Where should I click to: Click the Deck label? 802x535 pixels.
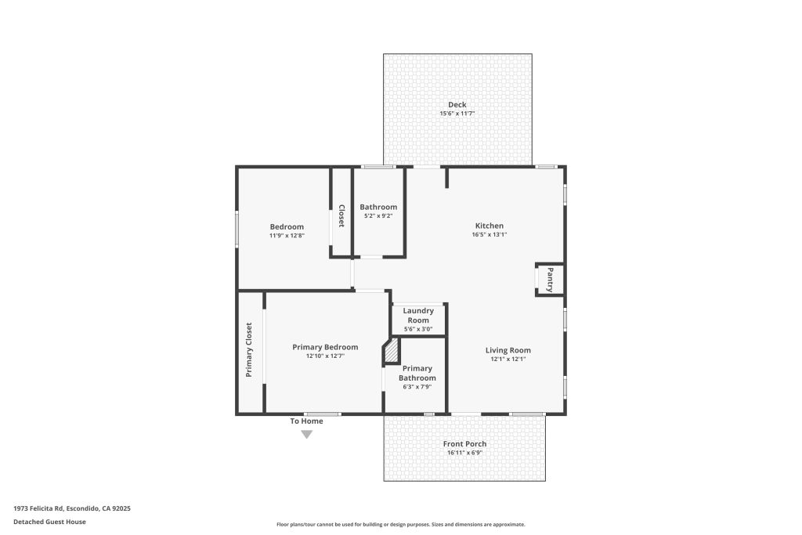[x=457, y=105]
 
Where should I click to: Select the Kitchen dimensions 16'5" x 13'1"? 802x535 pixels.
[x=490, y=235]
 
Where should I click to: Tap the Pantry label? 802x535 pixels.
[x=550, y=280]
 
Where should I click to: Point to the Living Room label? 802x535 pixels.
[x=508, y=350]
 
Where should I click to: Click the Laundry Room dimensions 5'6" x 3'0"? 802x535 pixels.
[x=418, y=330]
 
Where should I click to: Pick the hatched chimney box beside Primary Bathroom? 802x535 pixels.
[x=392, y=351]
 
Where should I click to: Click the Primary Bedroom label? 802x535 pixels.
[x=325, y=347]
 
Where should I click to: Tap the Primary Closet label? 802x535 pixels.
[x=249, y=350]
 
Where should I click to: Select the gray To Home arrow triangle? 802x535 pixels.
[x=306, y=434]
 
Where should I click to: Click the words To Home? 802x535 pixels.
[x=306, y=421]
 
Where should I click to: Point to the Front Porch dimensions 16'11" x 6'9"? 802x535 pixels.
[x=465, y=453]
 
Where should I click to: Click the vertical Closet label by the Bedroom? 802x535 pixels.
[x=341, y=216]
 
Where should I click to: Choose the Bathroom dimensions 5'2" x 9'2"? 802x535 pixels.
[x=378, y=216]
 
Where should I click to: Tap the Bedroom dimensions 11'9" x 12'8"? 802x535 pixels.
[x=287, y=236]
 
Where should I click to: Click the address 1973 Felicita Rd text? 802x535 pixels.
[x=38, y=508]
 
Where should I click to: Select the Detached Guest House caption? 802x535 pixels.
[x=49, y=522]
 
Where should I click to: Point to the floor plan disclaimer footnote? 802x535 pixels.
[x=401, y=524]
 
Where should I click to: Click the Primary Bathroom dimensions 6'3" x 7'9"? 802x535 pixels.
[x=417, y=387]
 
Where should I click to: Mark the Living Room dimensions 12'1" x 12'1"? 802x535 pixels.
[x=508, y=359]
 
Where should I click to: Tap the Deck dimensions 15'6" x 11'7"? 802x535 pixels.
[x=457, y=114]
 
